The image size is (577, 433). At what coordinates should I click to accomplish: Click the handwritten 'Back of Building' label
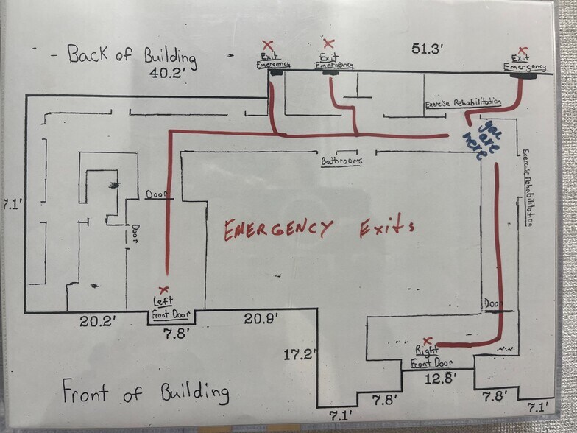132,54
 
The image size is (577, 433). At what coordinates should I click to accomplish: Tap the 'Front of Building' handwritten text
146,391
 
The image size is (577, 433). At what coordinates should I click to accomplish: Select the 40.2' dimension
168,73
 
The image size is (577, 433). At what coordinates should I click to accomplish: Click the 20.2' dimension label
99,321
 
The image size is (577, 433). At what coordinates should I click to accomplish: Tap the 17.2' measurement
300,354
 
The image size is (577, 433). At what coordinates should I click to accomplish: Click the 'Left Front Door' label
171,308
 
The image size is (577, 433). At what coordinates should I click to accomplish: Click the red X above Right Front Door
427,340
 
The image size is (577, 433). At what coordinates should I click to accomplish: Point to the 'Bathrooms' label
341,161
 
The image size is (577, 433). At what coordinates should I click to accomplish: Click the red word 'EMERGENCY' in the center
278,230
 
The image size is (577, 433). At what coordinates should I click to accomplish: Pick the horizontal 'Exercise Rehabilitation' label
464,103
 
